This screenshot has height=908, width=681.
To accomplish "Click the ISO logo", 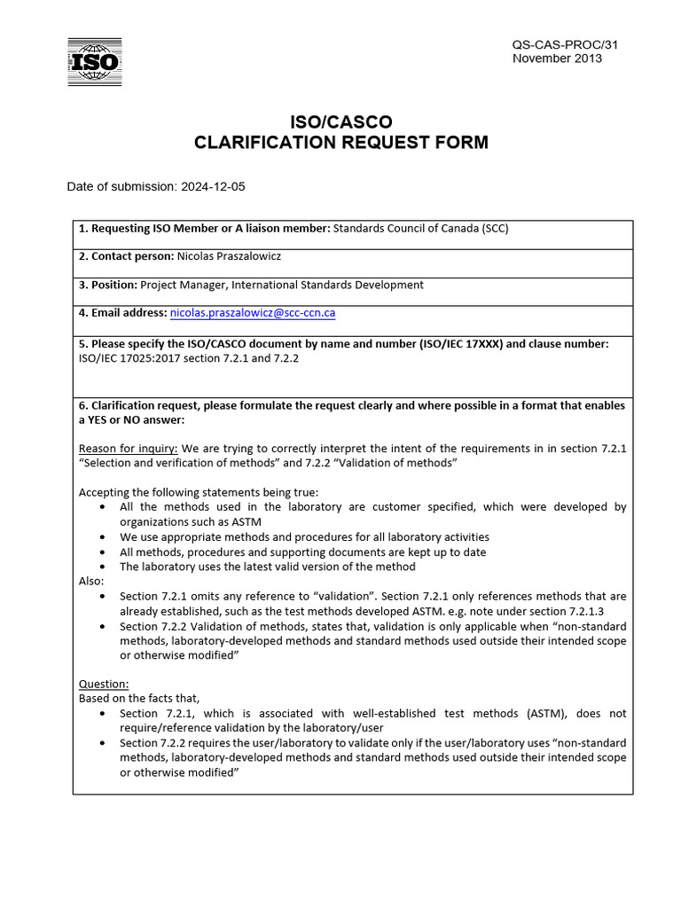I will (95, 62).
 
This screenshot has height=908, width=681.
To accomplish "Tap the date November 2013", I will (557, 59).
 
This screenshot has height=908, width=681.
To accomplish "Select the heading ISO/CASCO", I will (341, 121).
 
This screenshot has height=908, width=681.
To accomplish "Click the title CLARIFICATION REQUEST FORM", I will (341, 143).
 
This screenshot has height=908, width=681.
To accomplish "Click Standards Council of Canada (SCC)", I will (420, 228).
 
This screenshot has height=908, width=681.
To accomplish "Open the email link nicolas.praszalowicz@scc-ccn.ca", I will (253, 313).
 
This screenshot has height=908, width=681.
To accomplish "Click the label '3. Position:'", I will (108, 285).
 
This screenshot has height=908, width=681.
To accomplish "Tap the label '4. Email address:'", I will (122, 313).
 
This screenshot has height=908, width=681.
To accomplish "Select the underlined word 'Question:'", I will (104, 684).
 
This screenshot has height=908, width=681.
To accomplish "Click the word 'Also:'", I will (91, 581).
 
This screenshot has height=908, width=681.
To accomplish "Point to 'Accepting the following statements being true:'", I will (199, 492).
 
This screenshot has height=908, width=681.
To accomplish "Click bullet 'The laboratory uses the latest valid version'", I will (267, 567).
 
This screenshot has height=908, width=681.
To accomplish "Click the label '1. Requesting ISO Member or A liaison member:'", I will (204, 228).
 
